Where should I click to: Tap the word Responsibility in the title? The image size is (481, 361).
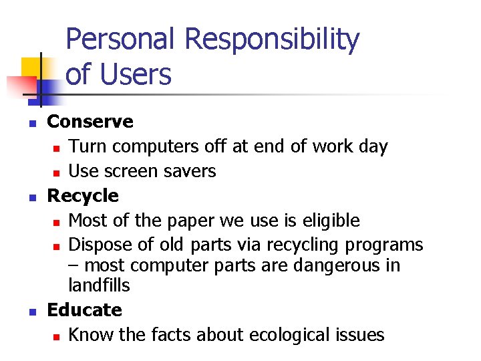[272, 41]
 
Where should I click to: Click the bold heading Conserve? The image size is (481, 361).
[90, 122]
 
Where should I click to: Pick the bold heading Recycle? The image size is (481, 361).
[83, 196]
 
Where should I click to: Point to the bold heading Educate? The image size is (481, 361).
[85, 310]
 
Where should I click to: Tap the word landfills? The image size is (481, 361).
[99, 285]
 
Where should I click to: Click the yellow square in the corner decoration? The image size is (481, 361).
[31, 68]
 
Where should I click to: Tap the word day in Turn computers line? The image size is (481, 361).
[373, 147]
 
